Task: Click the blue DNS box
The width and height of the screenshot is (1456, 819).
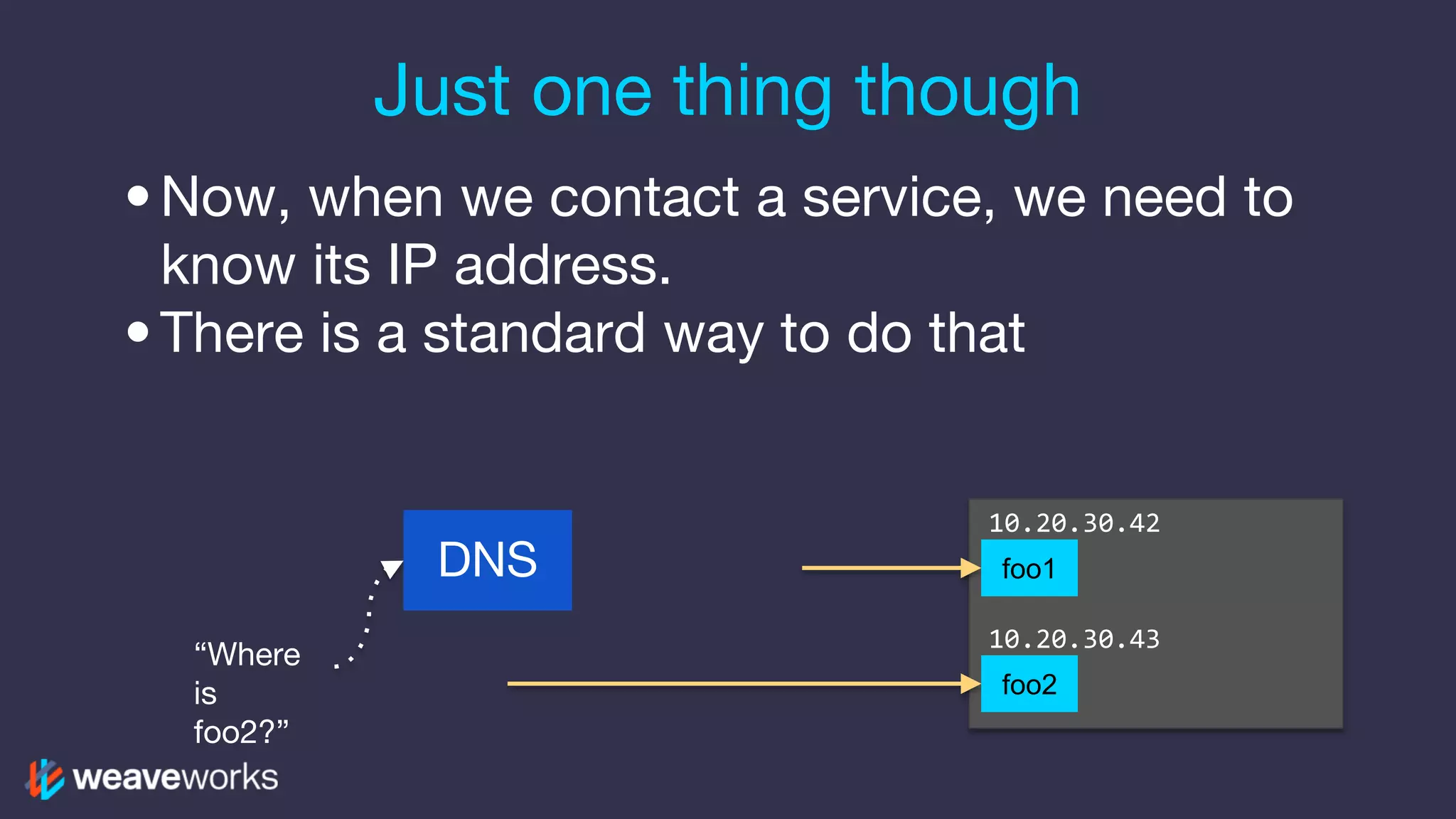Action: pyautogui.click(x=487, y=560)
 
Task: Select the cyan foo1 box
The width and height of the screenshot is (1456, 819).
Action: pyautogui.click(x=1029, y=568)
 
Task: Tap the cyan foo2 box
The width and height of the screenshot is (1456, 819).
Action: pyautogui.click(x=1029, y=684)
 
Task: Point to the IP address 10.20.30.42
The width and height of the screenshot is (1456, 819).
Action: pyautogui.click(x=1074, y=523)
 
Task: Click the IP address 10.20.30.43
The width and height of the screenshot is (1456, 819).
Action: pyautogui.click(x=1074, y=639)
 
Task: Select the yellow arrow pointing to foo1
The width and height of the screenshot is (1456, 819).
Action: pyautogui.click(x=889, y=568)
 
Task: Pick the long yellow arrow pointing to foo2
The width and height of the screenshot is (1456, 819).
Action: pyautogui.click(x=739, y=684)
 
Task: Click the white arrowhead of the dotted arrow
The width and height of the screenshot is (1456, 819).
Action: pyautogui.click(x=391, y=569)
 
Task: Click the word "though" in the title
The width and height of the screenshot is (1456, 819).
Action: pyautogui.click(x=968, y=92)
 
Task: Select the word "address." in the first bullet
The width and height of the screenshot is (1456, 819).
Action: pyautogui.click(x=562, y=265)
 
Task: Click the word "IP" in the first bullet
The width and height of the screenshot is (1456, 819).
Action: pyautogui.click(x=412, y=265)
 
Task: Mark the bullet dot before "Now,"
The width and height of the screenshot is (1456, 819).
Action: pyautogui.click(x=138, y=196)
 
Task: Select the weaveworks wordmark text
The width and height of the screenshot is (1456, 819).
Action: pyautogui.click(x=176, y=778)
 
